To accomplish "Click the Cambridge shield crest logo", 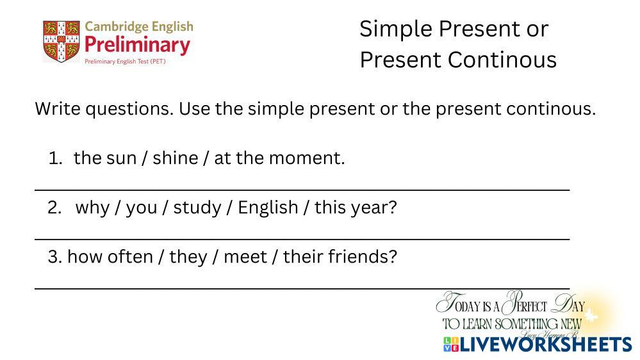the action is (x=62, y=41).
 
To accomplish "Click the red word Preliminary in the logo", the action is (x=137, y=45).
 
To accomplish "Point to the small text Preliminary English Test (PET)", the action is (x=125, y=61).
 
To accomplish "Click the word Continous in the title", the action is (x=502, y=60).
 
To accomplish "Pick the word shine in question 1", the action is (x=176, y=158).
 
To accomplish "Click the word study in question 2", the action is (x=197, y=208).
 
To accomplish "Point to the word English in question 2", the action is (x=268, y=208).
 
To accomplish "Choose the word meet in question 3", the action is (x=245, y=257).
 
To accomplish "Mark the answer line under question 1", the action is (x=302, y=190).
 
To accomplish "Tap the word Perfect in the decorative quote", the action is (x=525, y=304).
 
